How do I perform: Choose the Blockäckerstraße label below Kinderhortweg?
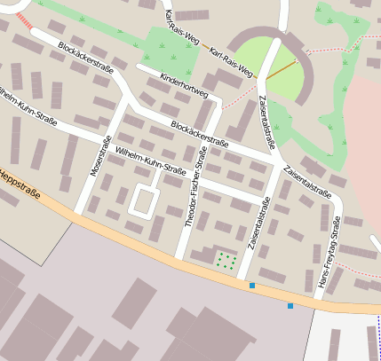tap(199, 134)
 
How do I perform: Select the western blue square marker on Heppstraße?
tap(252, 286)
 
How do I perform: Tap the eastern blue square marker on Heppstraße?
tap(290, 306)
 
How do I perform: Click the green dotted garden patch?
tap(226, 260)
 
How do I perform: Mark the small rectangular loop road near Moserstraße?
tap(143, 200)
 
